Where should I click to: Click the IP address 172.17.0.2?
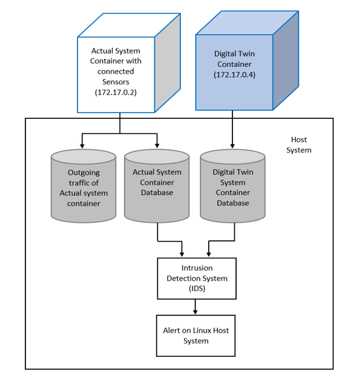pyautogui.click(x=116, y=92)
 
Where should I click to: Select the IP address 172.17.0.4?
pyautogui.click(x=234, y=75)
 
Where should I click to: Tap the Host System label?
pyautogui.click(x=299, y=145)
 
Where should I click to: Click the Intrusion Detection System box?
pyautogui.click(x=196, y=278)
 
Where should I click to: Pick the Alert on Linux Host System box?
pyautogui.click(x=196, y=335)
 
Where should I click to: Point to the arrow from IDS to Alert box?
pyautogui.click(x=196, y=307)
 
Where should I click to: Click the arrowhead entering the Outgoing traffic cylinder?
pyautogui.click(x=82, y=146)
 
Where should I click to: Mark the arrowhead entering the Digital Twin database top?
pyautogui.click(x=232, y=146)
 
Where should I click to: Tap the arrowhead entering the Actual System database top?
pyautogui.click(x=157, y=146)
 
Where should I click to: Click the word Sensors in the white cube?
pyautogui.click(x=116, y=81)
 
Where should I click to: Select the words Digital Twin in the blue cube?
pyautogui.click(x=234, y=54)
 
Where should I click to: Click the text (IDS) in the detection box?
pyautogui.click(x=196, y=288)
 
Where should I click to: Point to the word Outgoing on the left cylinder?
pyautogui.click(x=84, y=173)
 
